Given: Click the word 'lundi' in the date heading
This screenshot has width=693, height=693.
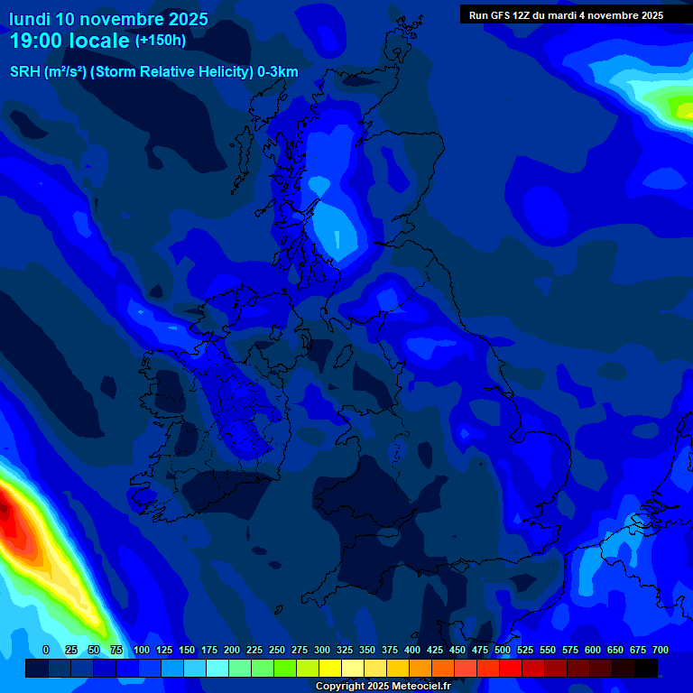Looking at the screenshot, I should (x=30, y=19).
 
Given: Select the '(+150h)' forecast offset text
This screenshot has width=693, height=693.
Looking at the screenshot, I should (x=161, y=41).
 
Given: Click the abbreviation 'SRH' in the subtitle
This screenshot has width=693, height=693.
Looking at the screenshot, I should (x=25, y=72).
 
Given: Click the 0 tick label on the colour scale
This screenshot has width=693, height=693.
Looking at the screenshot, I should (x=46, y=650).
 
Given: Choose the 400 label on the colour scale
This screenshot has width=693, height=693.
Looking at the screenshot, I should (x=412, y=650).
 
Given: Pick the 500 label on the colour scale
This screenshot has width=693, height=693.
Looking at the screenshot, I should (x=503, y=650).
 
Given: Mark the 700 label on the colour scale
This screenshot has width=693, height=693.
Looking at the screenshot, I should (x=661, y=650).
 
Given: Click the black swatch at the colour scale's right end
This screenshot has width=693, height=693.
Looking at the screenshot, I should (x=646, y=668).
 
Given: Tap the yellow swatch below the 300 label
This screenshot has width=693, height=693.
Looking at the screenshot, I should (x=330, y=668).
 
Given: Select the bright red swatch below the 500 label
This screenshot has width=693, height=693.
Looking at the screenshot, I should (x=511, y=668).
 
